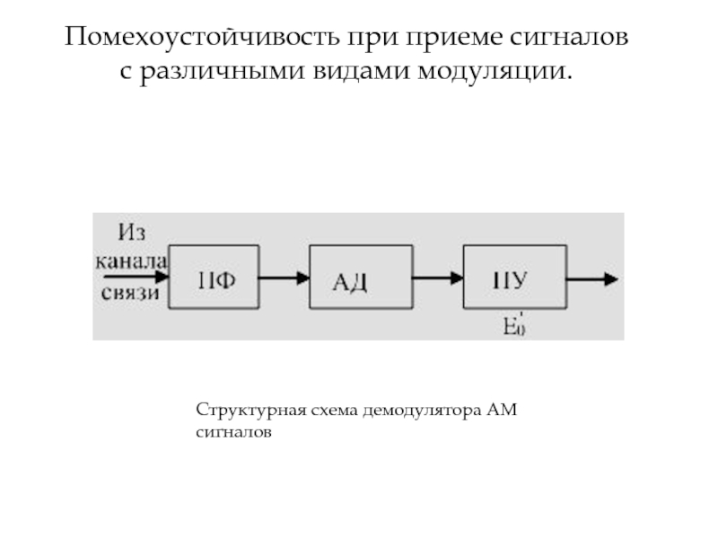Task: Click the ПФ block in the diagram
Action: pyautogui.click(x=215, y=278)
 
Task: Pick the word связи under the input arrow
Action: pyautogui.click(x=131, y=293)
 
